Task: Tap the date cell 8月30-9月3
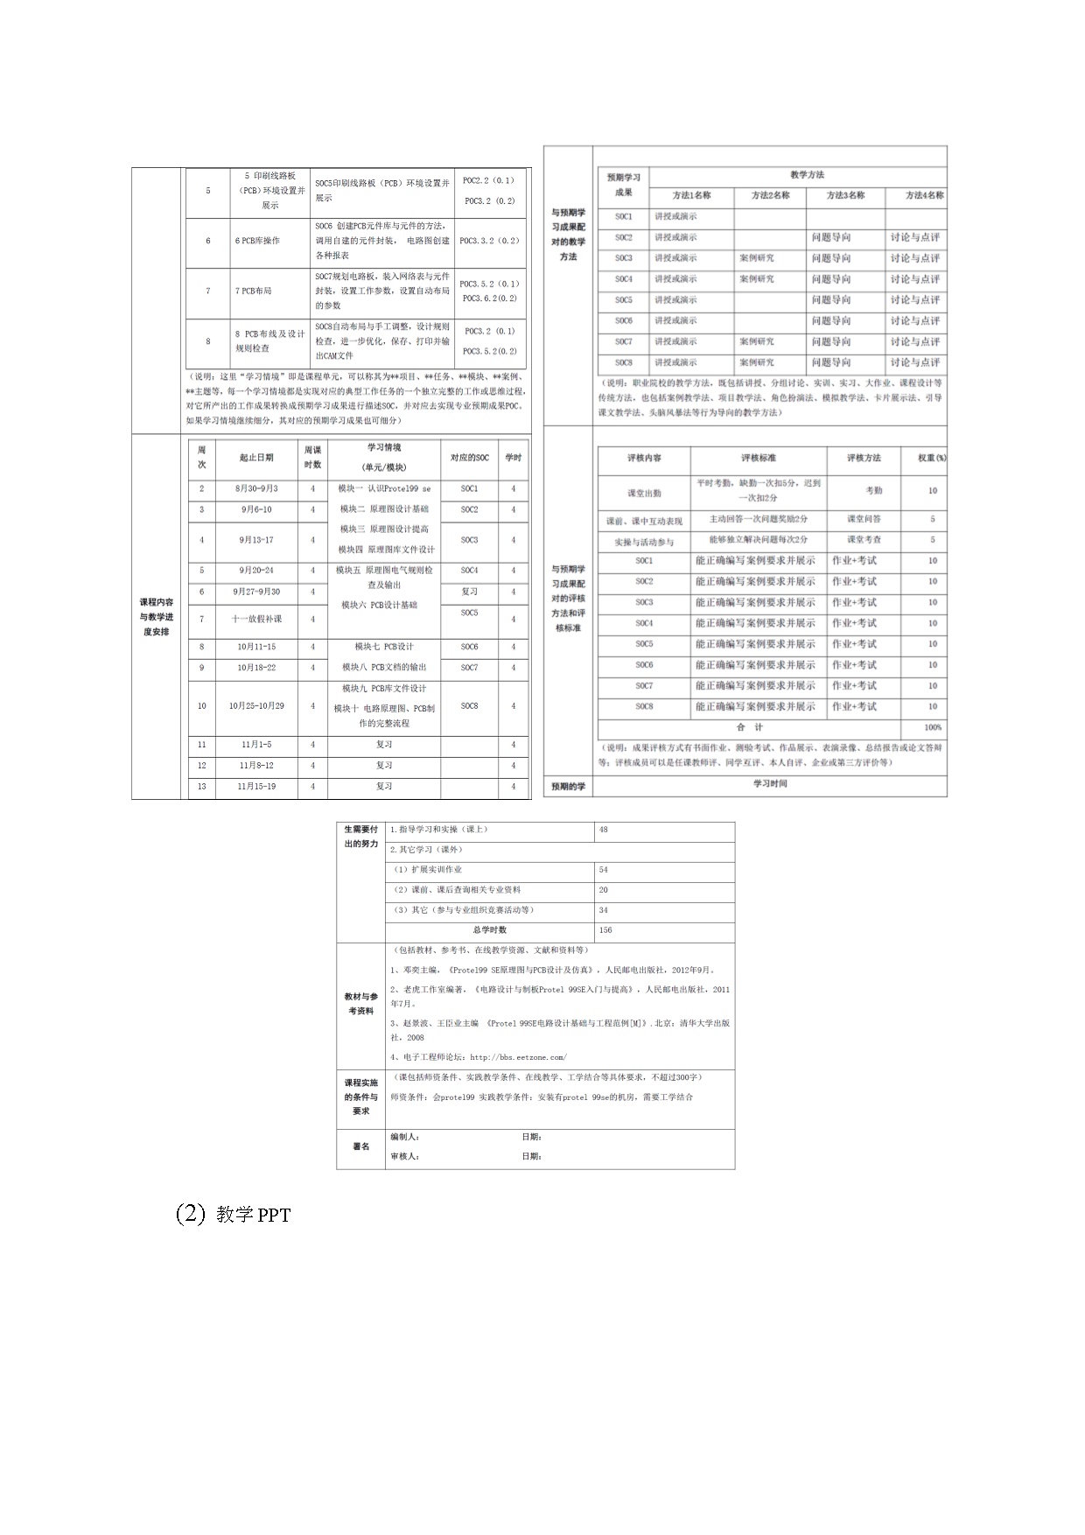coord(256,488)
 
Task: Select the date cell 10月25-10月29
coord(256,705)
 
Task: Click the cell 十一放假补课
coord(256,619)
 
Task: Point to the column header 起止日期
coord(256,457)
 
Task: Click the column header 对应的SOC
coord(469,457)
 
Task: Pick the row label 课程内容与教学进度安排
coord(156,617)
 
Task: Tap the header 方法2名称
coord(770,195)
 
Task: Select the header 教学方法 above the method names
coord(806,175)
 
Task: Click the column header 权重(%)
coord(931,458)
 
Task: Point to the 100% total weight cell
coord(932,727)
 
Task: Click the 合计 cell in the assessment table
coord(749,727)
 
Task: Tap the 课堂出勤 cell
coord(644,493)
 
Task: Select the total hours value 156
coord(605,930)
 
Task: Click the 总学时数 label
coord(489,930)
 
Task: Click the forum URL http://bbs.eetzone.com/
coord(518,1056)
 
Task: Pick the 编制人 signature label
coord(404,1137)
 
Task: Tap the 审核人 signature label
coord(404,1156)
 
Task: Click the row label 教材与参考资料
coord(360,1004)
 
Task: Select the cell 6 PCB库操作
coord(257,241)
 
